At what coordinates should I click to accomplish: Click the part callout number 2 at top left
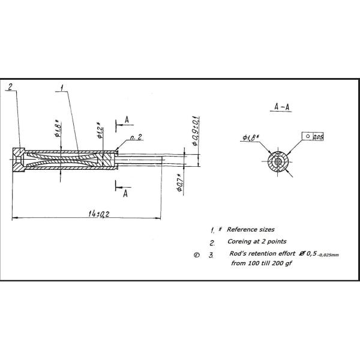click(10, 86)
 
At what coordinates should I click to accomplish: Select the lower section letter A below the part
click(125, 193)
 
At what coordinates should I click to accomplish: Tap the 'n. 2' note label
click(136, 137)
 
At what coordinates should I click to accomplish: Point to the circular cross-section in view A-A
click(277, 161)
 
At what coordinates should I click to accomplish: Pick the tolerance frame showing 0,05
click(313, 137)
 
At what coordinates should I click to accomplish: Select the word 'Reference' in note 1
click(240, 230)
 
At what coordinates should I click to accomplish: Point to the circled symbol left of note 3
click(196, 255)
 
